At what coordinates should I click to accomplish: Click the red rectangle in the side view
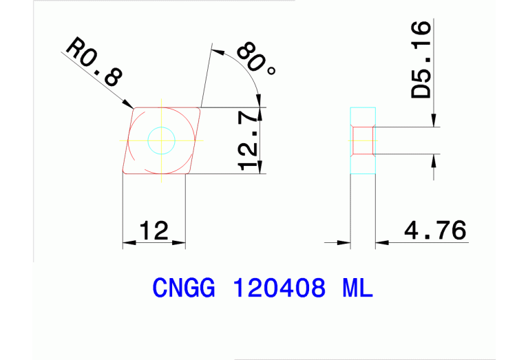pos(363,140)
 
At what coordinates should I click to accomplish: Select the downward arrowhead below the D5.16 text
pos(434,122)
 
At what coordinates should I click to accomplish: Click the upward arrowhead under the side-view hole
pos(434,160)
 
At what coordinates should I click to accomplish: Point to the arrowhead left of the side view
pos(346,242)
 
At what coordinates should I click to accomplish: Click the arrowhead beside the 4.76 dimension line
pos(381,242)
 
